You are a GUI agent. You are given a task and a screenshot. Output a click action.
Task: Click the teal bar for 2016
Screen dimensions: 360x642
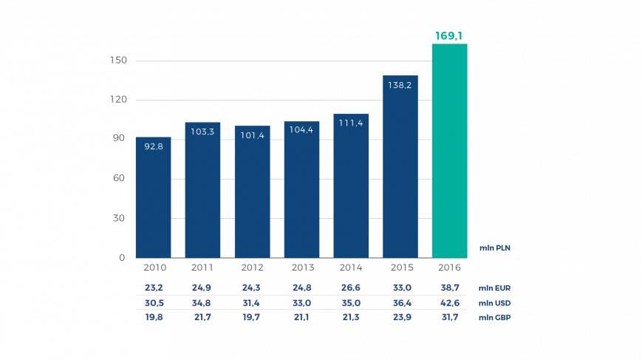(x=449, y=152)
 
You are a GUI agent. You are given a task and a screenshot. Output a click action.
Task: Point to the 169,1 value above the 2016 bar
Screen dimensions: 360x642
(x=449, y=35)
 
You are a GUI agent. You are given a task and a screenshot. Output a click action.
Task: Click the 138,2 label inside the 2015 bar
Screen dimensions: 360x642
(x=400, y=85)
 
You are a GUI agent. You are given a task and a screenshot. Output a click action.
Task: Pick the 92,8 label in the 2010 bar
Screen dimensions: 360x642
(x=154, y=146)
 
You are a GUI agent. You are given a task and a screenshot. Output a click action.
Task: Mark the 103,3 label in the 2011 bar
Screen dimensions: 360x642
(x=202, y=132)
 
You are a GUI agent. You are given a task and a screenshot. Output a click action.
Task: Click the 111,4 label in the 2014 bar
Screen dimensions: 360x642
(x=351, y=123)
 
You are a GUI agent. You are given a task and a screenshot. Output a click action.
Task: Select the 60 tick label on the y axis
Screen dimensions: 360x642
(x=120, y=178)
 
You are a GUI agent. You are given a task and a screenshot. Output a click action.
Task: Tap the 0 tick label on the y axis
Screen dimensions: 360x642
(x=123, y=257)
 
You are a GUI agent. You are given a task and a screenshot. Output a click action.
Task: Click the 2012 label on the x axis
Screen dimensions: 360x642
(x=252, y=268)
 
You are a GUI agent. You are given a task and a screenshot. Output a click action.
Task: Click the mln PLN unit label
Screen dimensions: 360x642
(x=494, y=248)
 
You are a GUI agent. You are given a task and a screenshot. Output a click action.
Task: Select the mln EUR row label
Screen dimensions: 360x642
(x=494, y=288)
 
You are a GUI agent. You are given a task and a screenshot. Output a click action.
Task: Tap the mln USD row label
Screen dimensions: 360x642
(x=494, y=303)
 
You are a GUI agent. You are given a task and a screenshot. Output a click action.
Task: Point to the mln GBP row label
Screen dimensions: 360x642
(x=494, y=317)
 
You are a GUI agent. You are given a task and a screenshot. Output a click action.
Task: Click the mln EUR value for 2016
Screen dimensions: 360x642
(x=449, y=288)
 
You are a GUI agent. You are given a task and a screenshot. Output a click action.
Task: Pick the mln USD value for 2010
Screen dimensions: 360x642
(x=154, y=302)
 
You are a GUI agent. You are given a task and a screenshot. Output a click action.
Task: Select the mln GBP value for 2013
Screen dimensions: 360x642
(x=301, y=316)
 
